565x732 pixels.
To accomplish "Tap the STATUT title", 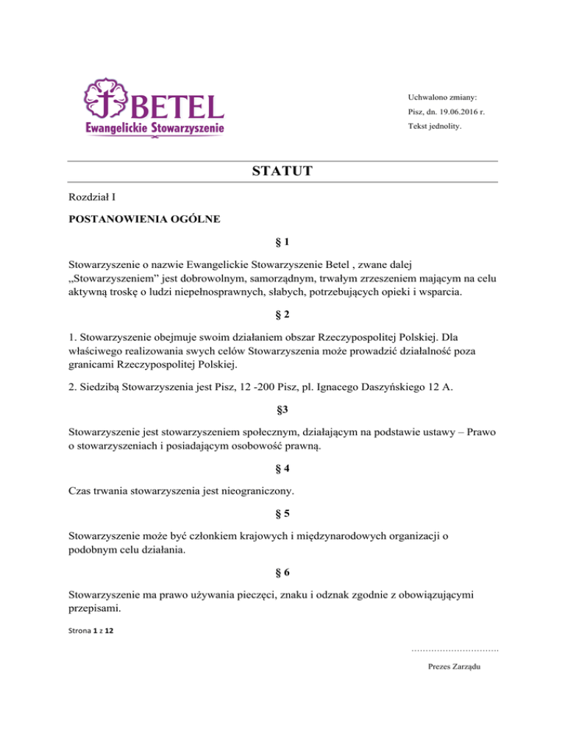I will tap(282, 172).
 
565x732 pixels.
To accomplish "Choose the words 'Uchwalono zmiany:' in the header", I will tap(442, 97).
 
